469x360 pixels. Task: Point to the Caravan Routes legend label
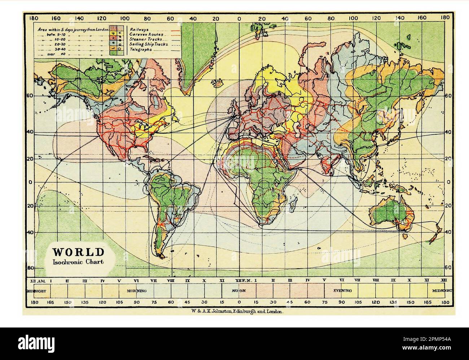point(146,34)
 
